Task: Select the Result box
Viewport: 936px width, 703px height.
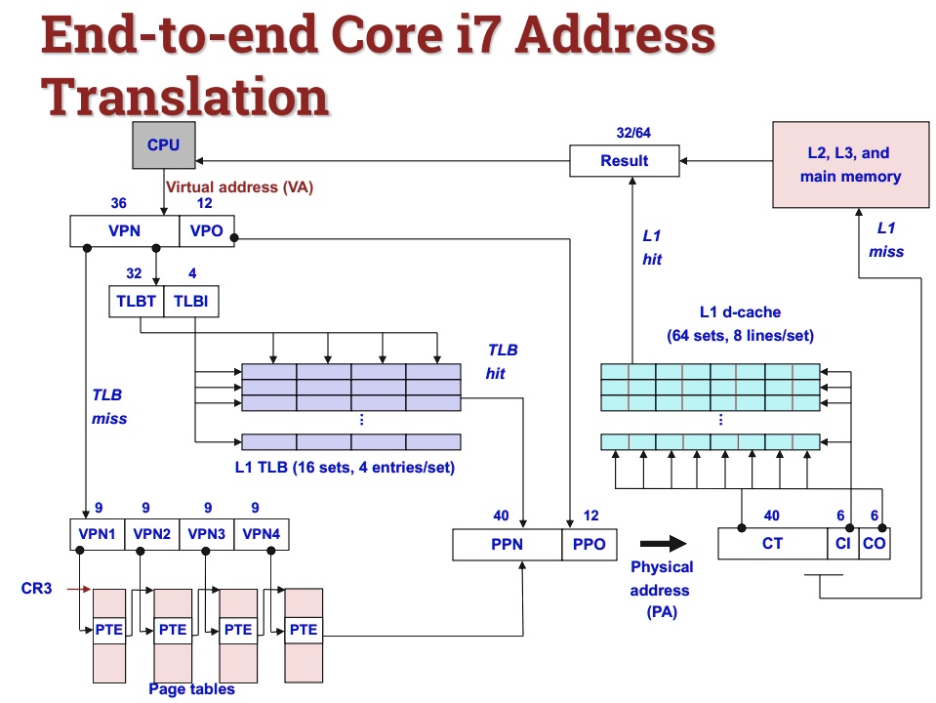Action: (625, 160)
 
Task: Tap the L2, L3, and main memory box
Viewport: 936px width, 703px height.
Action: (850, 165)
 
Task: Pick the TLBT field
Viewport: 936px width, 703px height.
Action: (136, 302)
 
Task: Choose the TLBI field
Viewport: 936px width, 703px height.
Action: (190, 302)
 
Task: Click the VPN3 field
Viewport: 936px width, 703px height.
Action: (207, 534)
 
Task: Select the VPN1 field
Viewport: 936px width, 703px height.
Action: (98, 534)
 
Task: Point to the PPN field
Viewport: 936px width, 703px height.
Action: (508, 544)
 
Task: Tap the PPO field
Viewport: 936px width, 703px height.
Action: (590, 544)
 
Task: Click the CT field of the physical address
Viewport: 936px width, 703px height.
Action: (772, 544)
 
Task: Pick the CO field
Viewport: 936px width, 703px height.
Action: (875, 544)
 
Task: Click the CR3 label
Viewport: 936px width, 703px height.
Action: (36, 589)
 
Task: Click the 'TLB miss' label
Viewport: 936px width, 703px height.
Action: (106, 407)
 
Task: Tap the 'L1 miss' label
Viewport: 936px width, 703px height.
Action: (886, 239)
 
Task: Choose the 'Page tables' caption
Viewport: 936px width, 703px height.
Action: (191, 689)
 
